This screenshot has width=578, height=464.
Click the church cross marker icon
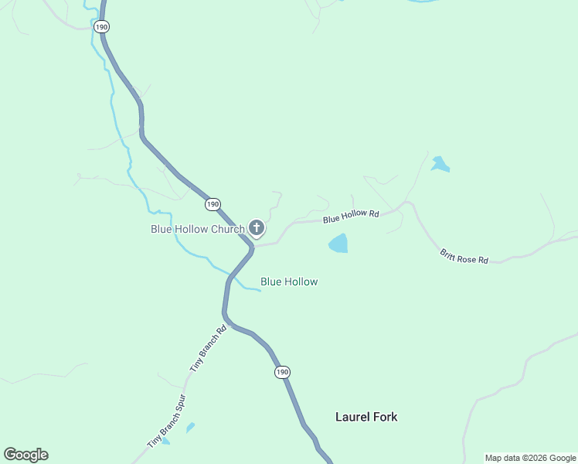coord(256,227)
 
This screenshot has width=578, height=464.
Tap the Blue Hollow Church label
coord(198,229)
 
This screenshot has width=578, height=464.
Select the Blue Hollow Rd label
coord(352,217)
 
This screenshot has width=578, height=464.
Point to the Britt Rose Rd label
coord(464,256)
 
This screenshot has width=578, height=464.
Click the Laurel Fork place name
coord(366,417)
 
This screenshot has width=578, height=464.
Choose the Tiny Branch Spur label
coord(167,423)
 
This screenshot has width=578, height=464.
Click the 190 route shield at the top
coord(101,26)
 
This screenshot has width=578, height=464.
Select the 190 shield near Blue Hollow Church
coord(212,204)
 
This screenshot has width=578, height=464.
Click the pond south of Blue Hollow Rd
coord(338,244)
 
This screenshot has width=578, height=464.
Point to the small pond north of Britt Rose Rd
coord(440,164)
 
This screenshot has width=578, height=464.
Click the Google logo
coord(26,455)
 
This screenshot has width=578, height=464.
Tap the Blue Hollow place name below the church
coord(289,282)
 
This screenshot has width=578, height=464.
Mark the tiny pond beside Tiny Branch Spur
coord(190,426)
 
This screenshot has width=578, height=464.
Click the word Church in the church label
coord(226,229)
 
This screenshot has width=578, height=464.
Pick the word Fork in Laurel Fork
coord(385,417)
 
